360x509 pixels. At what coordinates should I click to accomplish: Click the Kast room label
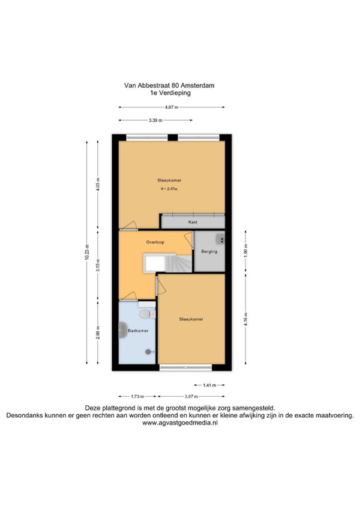193,222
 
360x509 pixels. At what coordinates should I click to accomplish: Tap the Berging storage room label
209,251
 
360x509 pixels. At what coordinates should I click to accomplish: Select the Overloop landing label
155,242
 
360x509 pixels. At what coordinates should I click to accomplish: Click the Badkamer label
138,331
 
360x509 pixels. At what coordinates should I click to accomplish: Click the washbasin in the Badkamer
123,330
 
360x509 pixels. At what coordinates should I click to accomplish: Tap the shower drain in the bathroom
148,351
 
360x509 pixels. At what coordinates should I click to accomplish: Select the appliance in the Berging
221,239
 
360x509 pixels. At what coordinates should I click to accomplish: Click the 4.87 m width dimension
172,107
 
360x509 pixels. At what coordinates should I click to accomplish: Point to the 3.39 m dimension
155,120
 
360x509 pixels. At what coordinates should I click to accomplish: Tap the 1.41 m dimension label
209,385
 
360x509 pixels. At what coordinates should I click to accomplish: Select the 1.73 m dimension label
137,396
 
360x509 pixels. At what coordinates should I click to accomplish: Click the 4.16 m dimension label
245,319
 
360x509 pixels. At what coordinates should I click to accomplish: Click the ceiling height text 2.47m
169,188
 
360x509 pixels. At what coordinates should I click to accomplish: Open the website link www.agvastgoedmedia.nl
180,423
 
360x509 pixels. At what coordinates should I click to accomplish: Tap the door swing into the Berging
188,239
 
